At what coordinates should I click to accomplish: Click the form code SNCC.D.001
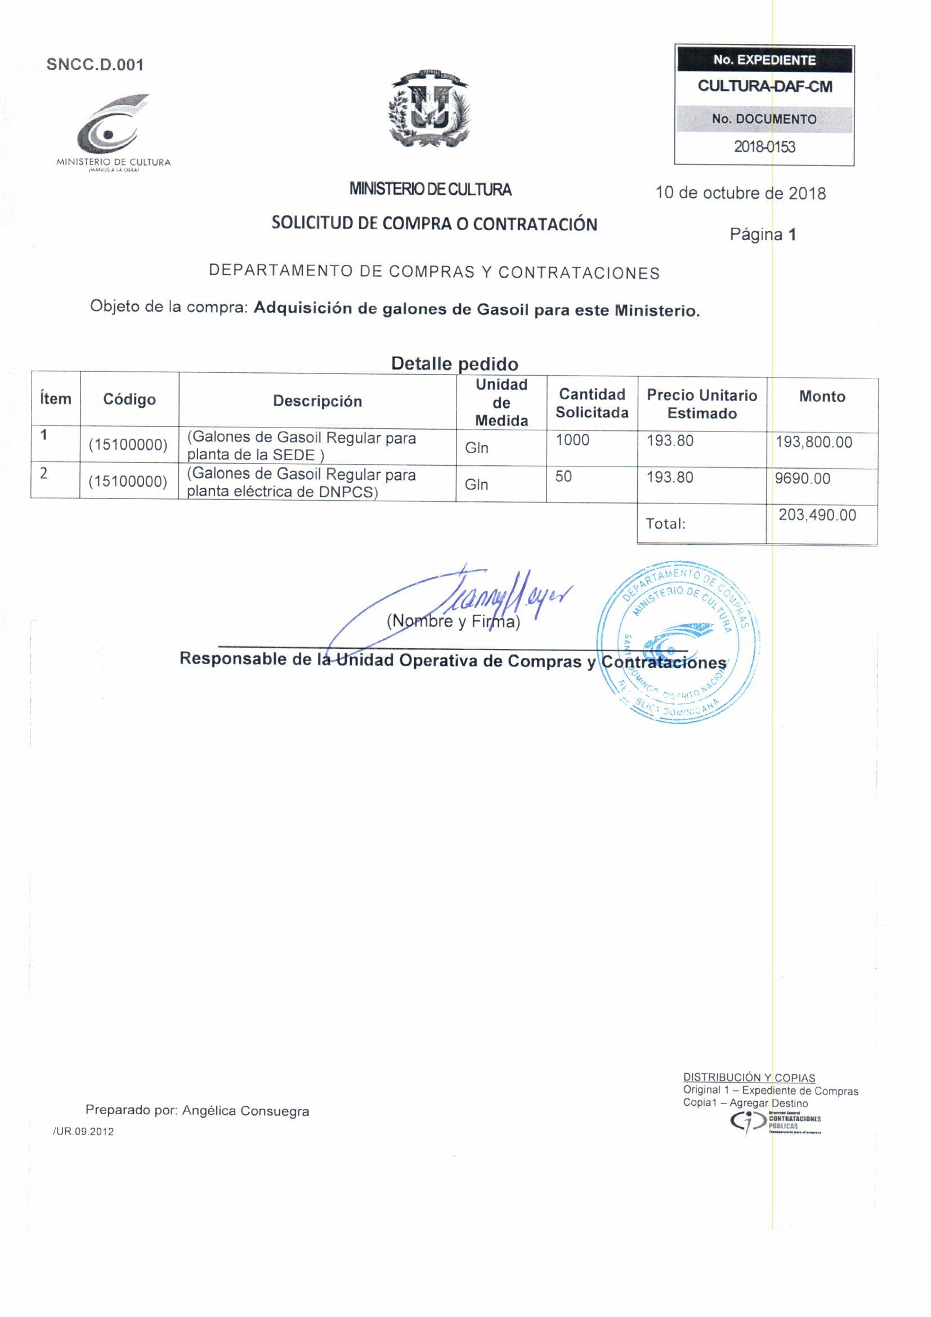[x=95, y=65]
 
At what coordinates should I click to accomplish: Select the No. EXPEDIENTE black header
[x=764, y=60]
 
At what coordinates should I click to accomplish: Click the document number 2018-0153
[x=764, y=147]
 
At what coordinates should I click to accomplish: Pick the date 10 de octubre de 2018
[x=740, y=193]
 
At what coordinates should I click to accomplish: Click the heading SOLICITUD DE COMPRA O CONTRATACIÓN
[x=434, y=223]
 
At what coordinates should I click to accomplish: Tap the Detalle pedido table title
[x=454, y=363]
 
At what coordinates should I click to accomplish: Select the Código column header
[x=129, y=399]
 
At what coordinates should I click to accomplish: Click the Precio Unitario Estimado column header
[x=702, y=404]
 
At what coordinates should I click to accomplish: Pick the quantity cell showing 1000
[x=572, y=440]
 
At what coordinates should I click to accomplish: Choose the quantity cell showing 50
[x=563, y=477]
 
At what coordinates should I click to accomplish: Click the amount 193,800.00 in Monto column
[x=813, y=442]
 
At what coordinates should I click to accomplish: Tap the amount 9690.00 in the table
[x=802, y=478]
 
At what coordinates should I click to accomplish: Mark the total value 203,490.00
[x=817, y=515]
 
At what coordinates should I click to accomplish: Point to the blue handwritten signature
[x=459, y=602]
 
